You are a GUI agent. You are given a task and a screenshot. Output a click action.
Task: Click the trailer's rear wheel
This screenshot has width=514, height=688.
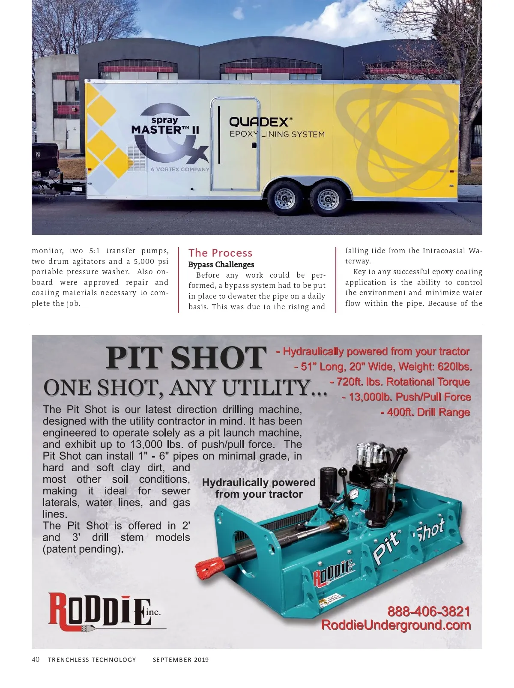(326, 199)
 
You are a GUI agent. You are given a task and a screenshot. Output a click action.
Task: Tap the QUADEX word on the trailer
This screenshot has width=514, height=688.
(259, 122)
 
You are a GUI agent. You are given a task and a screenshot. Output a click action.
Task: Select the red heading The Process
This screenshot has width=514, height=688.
(221, 253)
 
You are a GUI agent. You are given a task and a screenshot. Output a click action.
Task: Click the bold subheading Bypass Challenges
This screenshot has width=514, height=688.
(221, 265)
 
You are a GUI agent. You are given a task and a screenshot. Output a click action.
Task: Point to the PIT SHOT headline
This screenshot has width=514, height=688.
(185, 358)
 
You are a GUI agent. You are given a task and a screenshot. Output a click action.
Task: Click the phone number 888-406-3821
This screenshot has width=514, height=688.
(429, 611)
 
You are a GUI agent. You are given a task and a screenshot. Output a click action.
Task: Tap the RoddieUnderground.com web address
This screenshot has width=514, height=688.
(396, 625)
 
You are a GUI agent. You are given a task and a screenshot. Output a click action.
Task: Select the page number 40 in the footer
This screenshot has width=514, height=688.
(36, 659)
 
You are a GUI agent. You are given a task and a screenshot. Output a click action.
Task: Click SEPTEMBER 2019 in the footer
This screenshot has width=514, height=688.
(181, 660)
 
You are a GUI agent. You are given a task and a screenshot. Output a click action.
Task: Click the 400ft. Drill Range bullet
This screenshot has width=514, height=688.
(425, 413)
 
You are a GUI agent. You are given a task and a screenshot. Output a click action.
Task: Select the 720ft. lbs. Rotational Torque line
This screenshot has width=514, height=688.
(400, 382)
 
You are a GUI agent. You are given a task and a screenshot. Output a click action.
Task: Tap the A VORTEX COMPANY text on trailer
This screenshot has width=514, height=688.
(180, 169)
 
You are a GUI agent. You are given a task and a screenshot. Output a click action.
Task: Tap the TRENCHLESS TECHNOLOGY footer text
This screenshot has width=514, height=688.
(92, 660)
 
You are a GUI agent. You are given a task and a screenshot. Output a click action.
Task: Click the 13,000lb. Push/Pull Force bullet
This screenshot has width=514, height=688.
(406, 397)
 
